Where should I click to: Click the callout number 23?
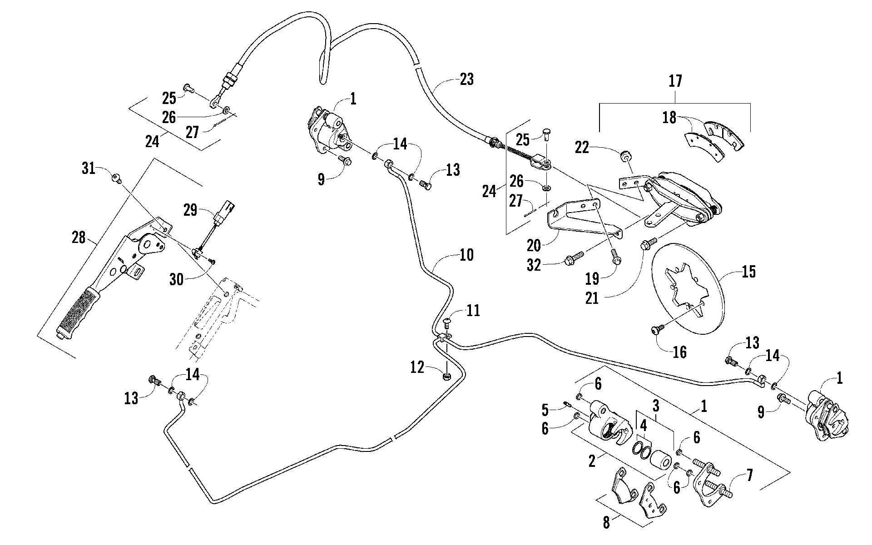pos(466,79)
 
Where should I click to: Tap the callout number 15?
pos(748,272)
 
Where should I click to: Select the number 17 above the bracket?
pos(675,82)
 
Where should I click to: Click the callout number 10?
pos(466,255)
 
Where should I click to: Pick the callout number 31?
pos(89,168)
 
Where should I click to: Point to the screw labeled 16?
pos(658,331)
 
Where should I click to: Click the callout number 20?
pos(534,246)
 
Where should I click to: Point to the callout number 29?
pos(190,210)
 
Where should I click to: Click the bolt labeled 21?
pos(646,244)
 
